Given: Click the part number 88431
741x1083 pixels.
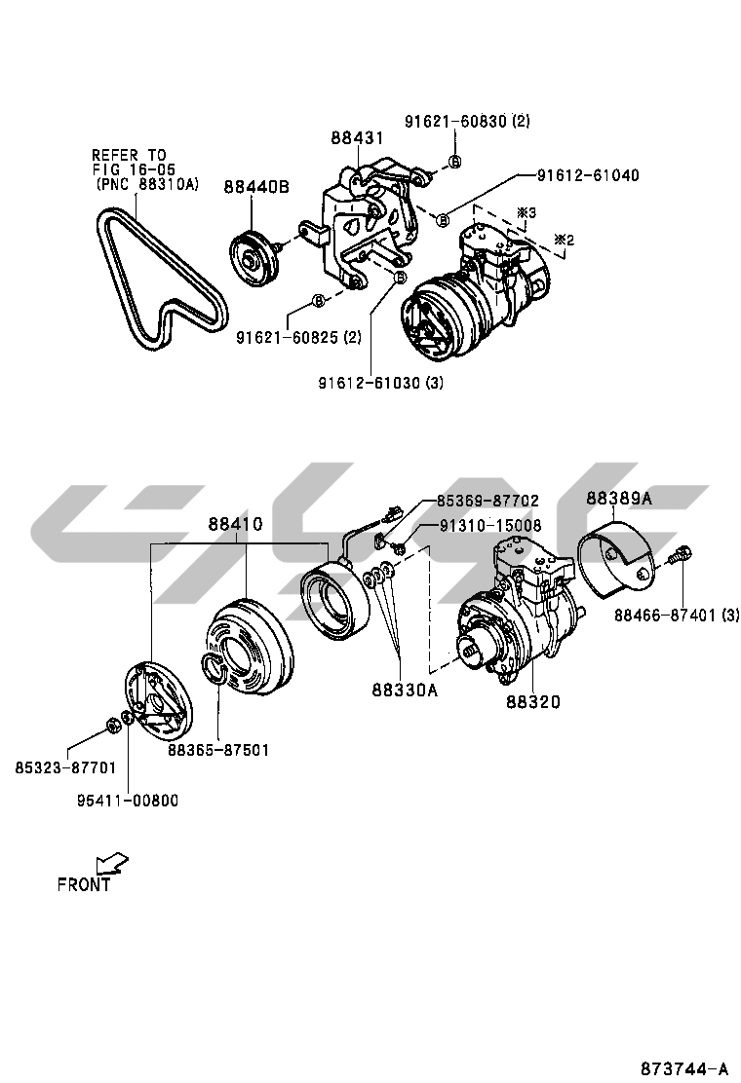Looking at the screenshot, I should coord(356,139).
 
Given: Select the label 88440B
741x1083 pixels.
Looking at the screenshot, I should coord(256,187).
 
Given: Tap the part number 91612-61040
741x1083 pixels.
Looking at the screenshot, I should coord(588,175).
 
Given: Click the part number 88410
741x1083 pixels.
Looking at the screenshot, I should coord(235,524).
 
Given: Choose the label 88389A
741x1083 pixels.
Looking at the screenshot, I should coord(619,499).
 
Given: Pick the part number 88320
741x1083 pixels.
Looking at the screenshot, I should coord(533,700).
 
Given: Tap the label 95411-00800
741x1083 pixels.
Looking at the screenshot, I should coord(128,801).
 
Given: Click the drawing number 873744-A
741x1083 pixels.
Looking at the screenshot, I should coord(683,1066).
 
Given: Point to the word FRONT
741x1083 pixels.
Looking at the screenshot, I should coord(84,885).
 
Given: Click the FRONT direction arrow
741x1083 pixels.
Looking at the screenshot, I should coord(111,863).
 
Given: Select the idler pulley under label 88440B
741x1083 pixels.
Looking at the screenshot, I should coord(254,258).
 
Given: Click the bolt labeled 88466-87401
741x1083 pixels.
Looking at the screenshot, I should coord(680,558).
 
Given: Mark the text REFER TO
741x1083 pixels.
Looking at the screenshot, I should coord(129,155).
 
